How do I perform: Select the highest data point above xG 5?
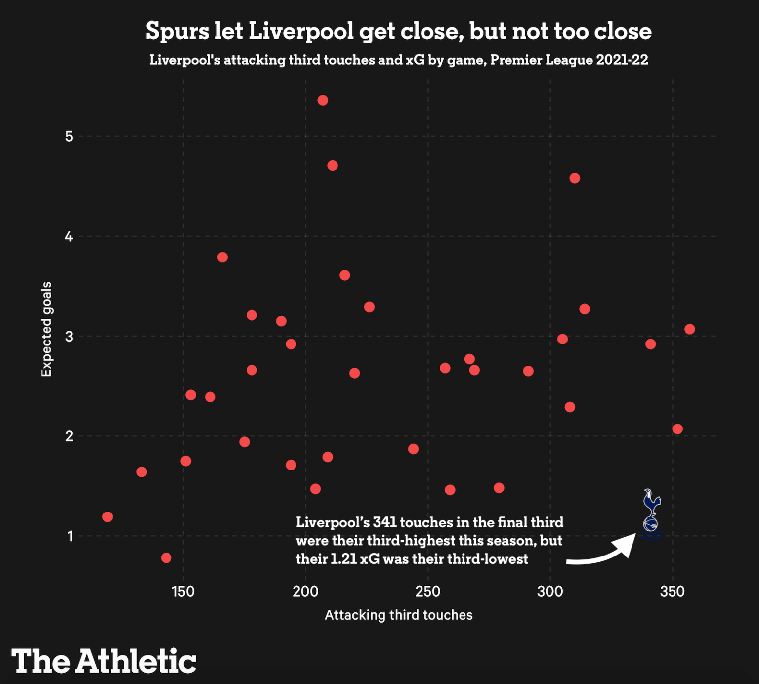point(323,100)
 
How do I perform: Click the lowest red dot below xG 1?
point(166,557)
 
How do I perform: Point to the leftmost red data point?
point(107,516)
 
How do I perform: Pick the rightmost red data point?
point(689,329)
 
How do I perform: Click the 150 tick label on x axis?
point(183,591)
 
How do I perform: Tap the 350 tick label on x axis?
point(672,591)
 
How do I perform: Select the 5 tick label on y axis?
point(69,136)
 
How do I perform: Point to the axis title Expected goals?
point(46,329)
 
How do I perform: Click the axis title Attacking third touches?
point(398,615)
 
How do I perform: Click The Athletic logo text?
point(104,661)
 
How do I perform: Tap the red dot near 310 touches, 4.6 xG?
point(574,178)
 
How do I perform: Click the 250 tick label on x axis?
point(427,591)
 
